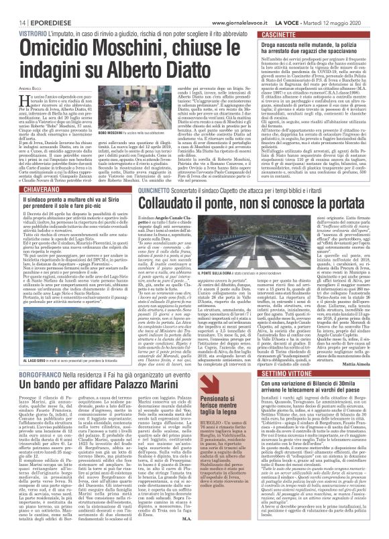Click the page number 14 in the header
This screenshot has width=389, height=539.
(x=14, y=6)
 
